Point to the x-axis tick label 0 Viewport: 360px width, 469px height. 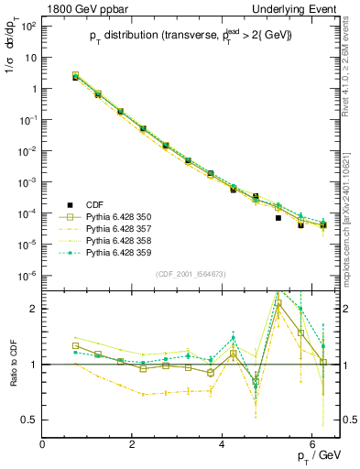coord(43,446)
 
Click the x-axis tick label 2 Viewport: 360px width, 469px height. coord(133,446)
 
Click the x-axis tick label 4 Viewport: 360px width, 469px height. coord(223,446)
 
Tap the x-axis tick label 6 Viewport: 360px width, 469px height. coord(312,446)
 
